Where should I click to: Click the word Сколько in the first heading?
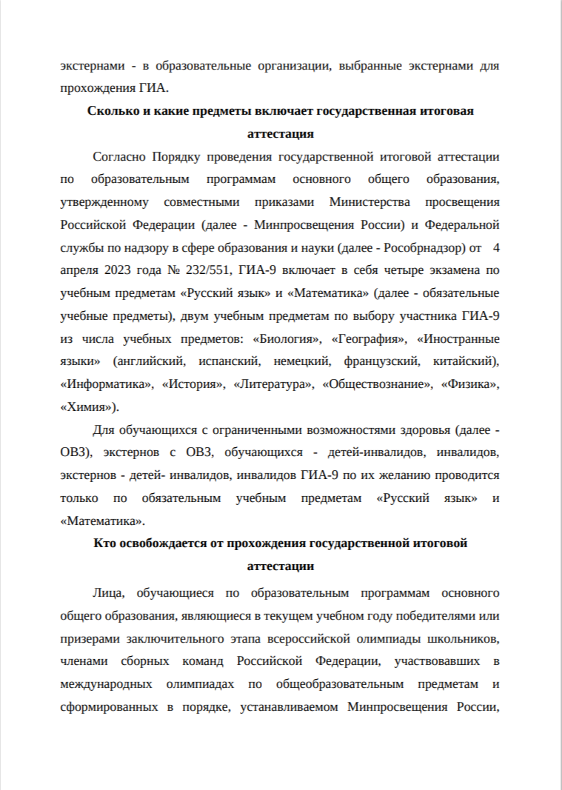(111, 112)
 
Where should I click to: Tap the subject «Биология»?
(287, 339)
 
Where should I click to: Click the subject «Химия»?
(87, 408)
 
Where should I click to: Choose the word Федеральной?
(464, 224)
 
